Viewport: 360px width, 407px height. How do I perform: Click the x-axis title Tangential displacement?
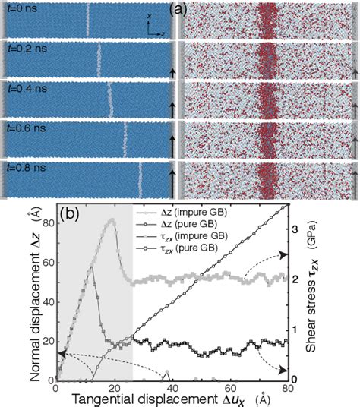(144, 399)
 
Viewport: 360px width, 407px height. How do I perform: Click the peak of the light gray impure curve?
(112, 221)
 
